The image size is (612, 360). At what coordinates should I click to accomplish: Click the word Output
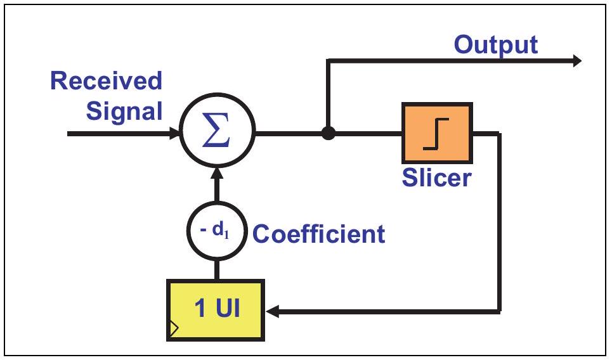click(496, 46)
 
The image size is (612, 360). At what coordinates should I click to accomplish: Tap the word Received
click(106, 80)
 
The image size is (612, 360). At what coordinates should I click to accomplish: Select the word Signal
click(124, 112)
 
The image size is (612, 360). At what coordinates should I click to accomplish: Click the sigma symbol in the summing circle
click(216, 129)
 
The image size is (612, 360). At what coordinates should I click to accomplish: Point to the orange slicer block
click(437, 133)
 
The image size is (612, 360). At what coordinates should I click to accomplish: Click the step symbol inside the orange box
click(436, 134)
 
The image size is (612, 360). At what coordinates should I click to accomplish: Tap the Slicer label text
click(437, 178)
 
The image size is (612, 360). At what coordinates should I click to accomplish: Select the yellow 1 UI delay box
click(216, 310)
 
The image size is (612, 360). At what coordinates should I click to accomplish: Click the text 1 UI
click(217, 307)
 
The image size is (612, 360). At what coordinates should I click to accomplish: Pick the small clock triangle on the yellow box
click(174, 328)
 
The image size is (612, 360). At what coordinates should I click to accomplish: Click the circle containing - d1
click(217, 231)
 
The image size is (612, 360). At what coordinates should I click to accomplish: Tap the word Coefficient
click(319, 234)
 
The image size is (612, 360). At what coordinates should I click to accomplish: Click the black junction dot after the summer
click(329, 133)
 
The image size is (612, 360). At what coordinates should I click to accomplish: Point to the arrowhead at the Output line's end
click(577, 60)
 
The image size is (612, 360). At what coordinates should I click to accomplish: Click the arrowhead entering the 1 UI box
click(272, 311)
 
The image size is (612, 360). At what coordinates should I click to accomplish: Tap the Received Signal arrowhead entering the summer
click(174, 133)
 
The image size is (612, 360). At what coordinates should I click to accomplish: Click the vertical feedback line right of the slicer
click(499, 222)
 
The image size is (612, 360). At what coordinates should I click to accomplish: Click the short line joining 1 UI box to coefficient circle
click(217, 270)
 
